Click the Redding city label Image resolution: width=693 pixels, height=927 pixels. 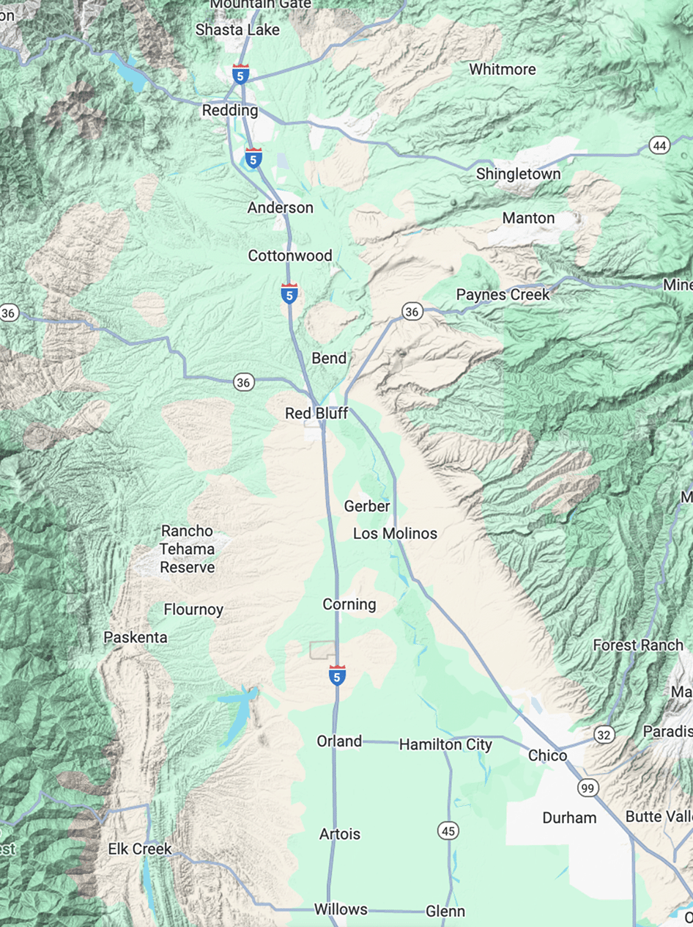(230, 111)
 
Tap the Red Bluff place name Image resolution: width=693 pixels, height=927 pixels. (316, 414)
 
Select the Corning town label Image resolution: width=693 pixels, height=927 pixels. (349, 604)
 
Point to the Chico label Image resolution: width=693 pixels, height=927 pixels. (548, 755)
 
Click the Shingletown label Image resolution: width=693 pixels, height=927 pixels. (519, 174)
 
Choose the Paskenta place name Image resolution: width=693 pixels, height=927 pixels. (136, 637)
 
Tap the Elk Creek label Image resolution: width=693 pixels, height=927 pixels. (139, 849)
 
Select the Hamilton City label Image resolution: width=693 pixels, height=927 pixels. (445, 744)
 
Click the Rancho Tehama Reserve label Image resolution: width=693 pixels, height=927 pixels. (188, 549)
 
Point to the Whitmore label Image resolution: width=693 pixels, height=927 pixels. (503, 70)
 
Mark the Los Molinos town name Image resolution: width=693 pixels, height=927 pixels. (395, 533)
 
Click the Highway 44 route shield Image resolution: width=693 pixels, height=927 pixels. (659, 146)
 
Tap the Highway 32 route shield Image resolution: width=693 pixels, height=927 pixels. (604, 735)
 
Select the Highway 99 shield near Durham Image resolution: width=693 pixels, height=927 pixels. (588, 788)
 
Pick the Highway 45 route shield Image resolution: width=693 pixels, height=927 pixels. (448, 831)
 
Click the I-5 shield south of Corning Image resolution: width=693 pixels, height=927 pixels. (337, 675)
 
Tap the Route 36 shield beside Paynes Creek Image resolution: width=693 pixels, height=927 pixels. (412, 312)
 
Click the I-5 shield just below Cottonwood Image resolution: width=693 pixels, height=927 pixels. (289, 293)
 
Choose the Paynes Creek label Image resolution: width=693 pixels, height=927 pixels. (503, 295)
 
